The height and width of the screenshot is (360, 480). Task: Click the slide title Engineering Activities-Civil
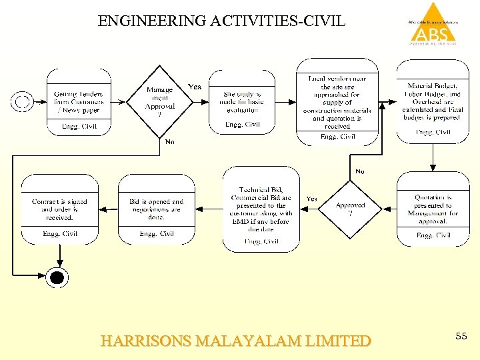(222, 21)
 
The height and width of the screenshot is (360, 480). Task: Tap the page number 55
(461, 337)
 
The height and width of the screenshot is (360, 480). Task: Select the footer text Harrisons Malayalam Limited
(235, 341)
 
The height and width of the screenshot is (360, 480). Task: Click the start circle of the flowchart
(22, 101)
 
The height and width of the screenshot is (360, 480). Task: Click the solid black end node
(58, 277)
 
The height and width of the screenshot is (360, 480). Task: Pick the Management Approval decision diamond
(159, 101)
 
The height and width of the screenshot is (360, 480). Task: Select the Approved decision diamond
(350, 209)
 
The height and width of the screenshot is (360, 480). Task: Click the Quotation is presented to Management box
(433, 209)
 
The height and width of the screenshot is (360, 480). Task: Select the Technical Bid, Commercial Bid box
(261, 209)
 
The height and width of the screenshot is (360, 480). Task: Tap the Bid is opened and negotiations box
(157, 209)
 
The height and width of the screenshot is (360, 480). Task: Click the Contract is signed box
(59, 209)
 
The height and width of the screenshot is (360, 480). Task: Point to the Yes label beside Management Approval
(195, 87)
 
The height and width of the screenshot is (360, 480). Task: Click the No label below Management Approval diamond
(170, 141)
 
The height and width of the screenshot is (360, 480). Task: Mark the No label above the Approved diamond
(360, 171)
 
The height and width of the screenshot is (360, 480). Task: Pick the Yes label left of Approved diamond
(311, 199)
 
